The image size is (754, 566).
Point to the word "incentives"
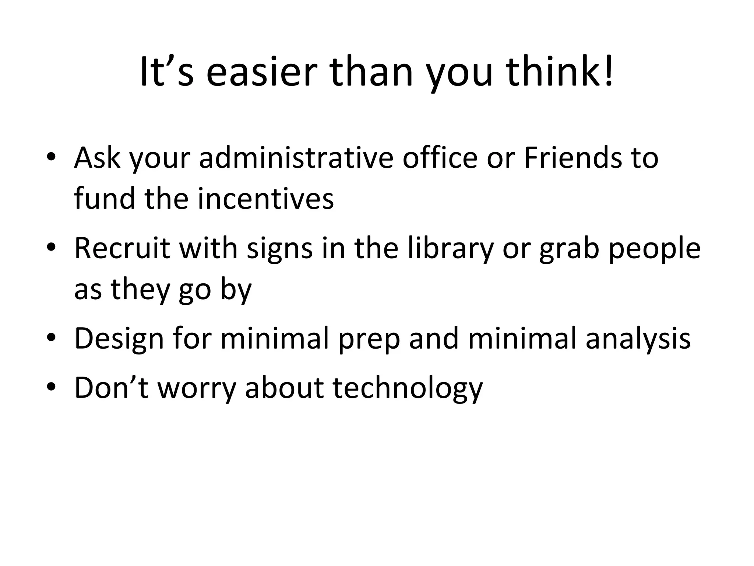[x=265, y=199]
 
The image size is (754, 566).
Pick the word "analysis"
[x=638, y=339]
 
